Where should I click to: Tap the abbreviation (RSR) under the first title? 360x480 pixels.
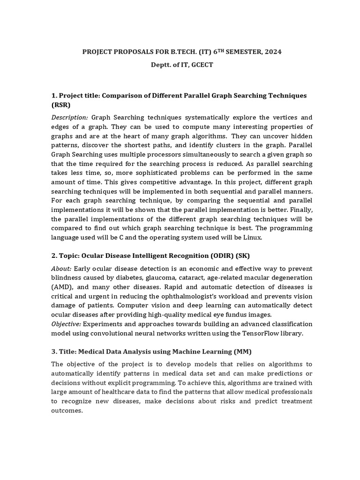(61, 105)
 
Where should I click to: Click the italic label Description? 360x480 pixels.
(69, 117)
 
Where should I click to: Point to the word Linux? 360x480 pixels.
(254, 238)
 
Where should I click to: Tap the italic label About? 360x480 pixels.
(61, 268)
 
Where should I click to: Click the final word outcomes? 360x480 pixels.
(67, 410)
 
